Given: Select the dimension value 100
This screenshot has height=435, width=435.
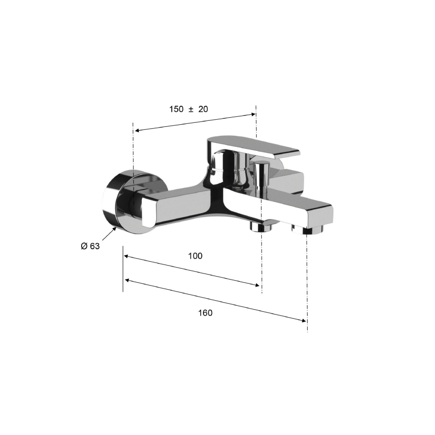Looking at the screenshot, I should tap(195, 256).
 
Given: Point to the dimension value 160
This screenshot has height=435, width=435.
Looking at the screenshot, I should tap(205, 313).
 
